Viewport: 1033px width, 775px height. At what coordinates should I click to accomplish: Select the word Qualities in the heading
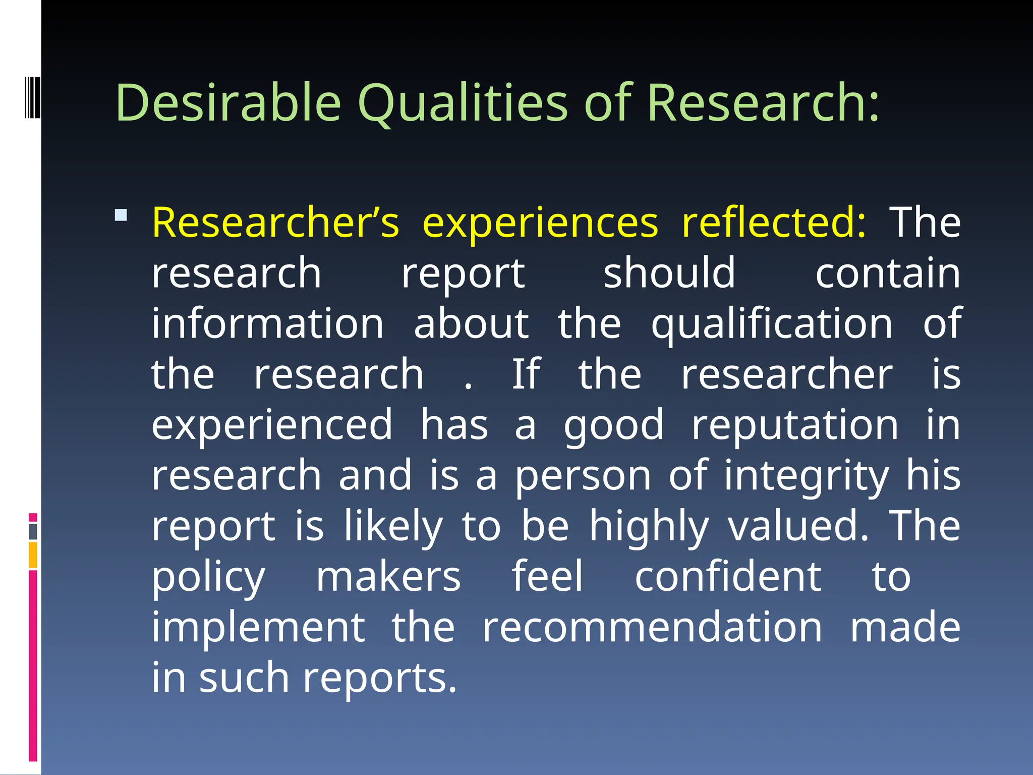point(463,103)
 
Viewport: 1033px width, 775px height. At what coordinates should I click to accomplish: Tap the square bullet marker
point(121,215)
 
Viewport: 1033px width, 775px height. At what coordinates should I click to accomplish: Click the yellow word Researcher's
point(275,223)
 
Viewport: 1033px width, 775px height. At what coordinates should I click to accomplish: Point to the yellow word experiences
point(540,224)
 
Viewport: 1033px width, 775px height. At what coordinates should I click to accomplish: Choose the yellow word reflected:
point(773,223)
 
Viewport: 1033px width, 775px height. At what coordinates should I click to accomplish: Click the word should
point(669,273)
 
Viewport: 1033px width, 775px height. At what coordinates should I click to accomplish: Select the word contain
point(888,273)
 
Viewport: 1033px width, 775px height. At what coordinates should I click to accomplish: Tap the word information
point(268,323)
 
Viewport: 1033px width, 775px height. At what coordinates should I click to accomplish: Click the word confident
point(728,577)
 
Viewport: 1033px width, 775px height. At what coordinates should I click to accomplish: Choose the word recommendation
point(652,627)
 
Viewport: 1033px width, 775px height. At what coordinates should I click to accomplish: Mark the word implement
point(258,628)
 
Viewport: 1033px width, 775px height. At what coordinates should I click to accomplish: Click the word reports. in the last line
point(380,679)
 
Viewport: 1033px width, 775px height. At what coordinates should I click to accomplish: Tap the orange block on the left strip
point(33,555)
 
